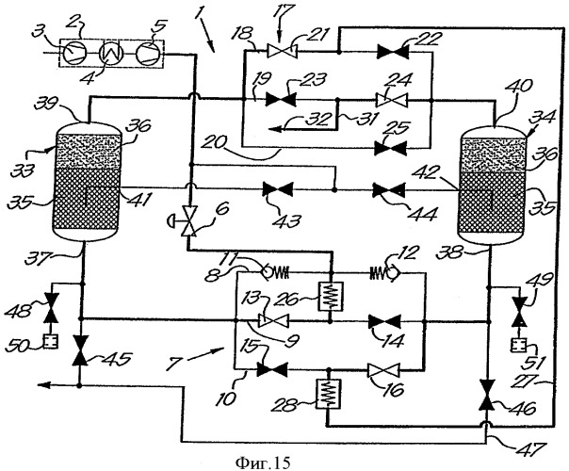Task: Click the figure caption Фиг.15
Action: click(x=263, y=463)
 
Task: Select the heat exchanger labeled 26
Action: click(x=331, y=296)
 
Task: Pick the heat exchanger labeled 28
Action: click(x=329, y=393)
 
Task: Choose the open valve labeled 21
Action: click(x=282, y=51)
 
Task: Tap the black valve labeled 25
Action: click(x=390, y=148)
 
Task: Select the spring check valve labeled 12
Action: click(x=384, y=273)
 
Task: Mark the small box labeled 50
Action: click(x=50, y=342)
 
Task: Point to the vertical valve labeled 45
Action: click(x=79, y=350)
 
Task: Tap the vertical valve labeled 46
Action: click(x=487, y=395)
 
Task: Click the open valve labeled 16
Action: click(x=383, y=371)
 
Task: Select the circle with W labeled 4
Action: click(x=112, y=53)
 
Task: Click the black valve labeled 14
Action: click(x=384, y=321)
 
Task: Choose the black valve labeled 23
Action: click(x=281, y=99)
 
